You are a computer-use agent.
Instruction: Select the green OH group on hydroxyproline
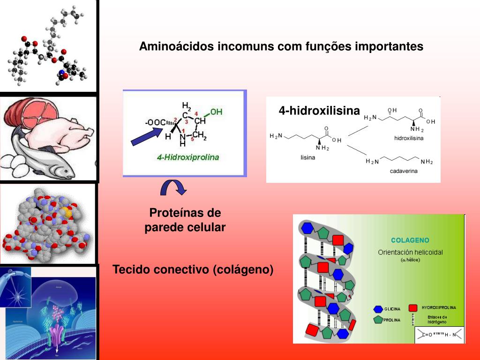(216, 112)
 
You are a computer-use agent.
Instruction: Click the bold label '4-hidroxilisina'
(319, 111)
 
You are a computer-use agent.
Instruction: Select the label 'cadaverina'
(404, 171)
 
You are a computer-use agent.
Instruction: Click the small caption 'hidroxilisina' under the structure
(409, 139)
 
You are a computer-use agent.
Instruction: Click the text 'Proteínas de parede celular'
(185, 220)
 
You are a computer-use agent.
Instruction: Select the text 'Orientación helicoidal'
(410, 252)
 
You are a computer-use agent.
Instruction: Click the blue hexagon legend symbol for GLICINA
(378, 309)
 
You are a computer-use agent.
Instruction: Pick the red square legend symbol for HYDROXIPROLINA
(413, 308)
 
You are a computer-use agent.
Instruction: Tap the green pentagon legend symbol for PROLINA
(378, 320)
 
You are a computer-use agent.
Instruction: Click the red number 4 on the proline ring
(196, 113)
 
